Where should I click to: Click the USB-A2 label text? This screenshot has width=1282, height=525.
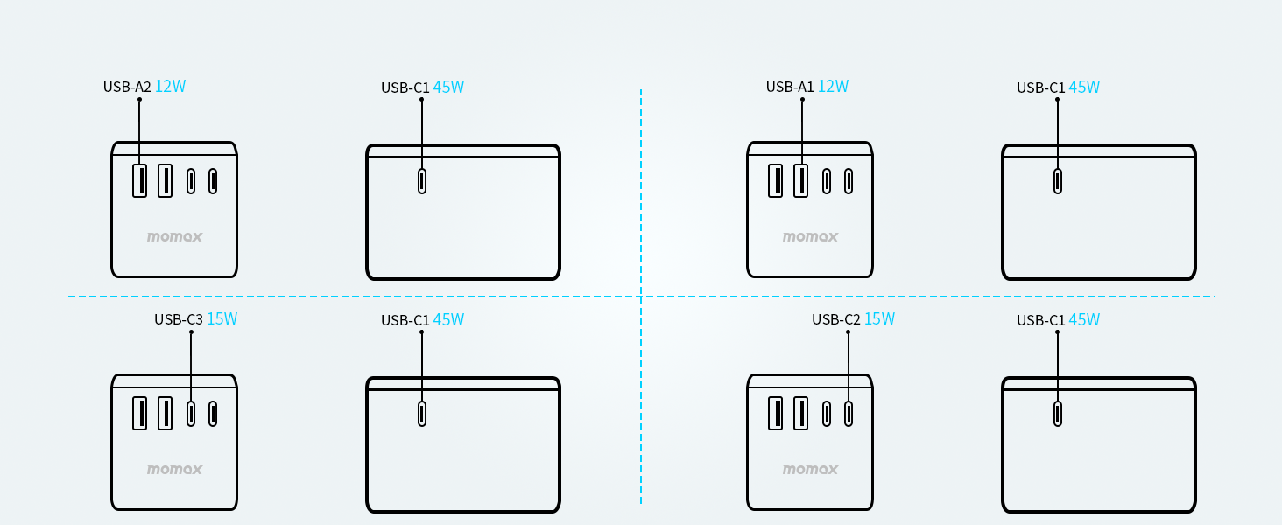click(x=127, y=87)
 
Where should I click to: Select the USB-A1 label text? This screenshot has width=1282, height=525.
click(x=790, y=87)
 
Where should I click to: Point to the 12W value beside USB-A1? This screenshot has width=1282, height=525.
click(x=833, y=87)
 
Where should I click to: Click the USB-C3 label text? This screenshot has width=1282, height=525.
click(x=179, y=319)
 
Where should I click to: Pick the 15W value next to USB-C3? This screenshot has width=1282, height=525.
click(x=222, y=319)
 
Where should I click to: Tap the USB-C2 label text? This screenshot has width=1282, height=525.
click(x=836, y=319)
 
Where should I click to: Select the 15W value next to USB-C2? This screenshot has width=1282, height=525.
click(x=879, y=319)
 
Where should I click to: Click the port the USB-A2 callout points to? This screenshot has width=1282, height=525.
click(x=139, y=180)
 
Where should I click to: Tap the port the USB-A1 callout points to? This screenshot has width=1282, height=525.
click(x=801, y=180)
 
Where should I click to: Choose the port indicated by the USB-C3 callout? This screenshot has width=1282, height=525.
click(x=191, y=413)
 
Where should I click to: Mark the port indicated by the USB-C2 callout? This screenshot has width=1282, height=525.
click(x=848, y=413)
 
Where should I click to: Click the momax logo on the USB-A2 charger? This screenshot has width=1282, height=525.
click(x=174, y=236)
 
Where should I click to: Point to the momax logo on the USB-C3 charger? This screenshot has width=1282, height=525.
click(x=174, y=469)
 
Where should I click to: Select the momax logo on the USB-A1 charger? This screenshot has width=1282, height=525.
click(x=810, y=236)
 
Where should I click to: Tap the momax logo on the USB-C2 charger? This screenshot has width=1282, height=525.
click(x=810, y=469)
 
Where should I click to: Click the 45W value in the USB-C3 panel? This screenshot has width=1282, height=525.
click(x=448, y=320)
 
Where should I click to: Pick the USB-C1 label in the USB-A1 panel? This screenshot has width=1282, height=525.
click(x=1040, y=87)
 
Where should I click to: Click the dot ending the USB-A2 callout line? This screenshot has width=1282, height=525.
click(x=139, y=100)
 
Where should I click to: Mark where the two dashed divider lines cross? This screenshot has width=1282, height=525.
click(x=641, y=297)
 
